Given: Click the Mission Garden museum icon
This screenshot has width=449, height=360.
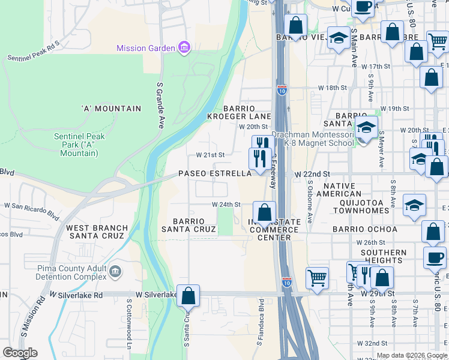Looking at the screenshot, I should pos(184,48).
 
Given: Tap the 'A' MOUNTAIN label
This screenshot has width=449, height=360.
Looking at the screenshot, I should pos(111,109).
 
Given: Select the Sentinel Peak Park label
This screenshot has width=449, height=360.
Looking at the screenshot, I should pos(79,145).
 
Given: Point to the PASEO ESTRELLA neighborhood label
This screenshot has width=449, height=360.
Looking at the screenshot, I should pos(215,173).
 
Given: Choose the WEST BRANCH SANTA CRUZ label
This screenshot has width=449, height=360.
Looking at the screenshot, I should pos(97,232).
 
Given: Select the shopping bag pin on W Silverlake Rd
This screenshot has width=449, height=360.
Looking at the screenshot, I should pos(188,295).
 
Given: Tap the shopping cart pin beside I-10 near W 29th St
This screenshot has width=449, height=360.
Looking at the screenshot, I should pos(317,278).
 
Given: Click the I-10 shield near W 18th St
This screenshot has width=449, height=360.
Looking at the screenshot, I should pos(282,91).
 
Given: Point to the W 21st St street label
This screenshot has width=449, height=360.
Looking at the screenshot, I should pos(210,155).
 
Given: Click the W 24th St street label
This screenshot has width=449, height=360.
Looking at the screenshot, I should pos(225,204).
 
